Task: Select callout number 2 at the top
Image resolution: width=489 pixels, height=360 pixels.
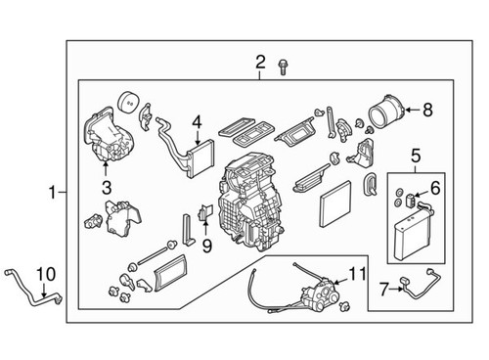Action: [x=260, y=63]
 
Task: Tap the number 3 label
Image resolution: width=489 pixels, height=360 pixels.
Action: [x=107, y=185]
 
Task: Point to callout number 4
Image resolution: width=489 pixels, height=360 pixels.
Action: [x=196, y=123]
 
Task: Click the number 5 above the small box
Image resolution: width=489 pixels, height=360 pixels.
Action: [x=414, y=156]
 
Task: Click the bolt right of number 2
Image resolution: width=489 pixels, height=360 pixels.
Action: [x=283, y=67]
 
